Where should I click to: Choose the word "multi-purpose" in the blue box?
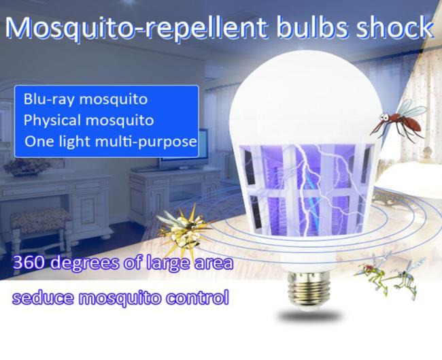click(x=146, y=142)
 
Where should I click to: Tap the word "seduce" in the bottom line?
click(x=43, y=298)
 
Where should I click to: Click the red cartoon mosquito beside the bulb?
click(x=399, y=121)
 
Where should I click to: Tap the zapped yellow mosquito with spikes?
click(x=183, y=230)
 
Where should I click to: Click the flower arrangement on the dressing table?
click(x=27, y=167)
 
